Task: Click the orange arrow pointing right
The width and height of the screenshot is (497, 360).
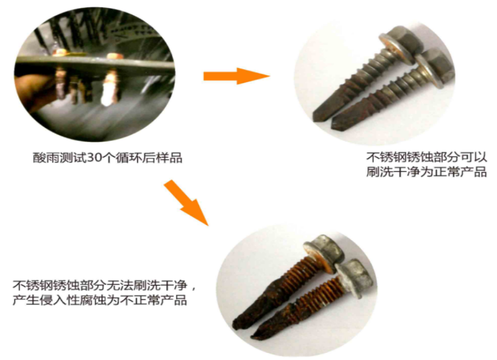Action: coord(236,76)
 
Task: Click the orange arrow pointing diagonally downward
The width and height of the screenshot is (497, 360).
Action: coord(186,203)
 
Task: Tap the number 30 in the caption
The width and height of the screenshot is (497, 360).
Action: coord(94,158)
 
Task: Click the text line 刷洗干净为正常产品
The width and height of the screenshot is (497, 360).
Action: coord(427,172)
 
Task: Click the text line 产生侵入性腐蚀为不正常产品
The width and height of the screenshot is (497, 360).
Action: coord(100,300)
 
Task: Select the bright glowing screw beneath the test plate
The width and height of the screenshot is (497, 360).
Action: coord(109,87)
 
